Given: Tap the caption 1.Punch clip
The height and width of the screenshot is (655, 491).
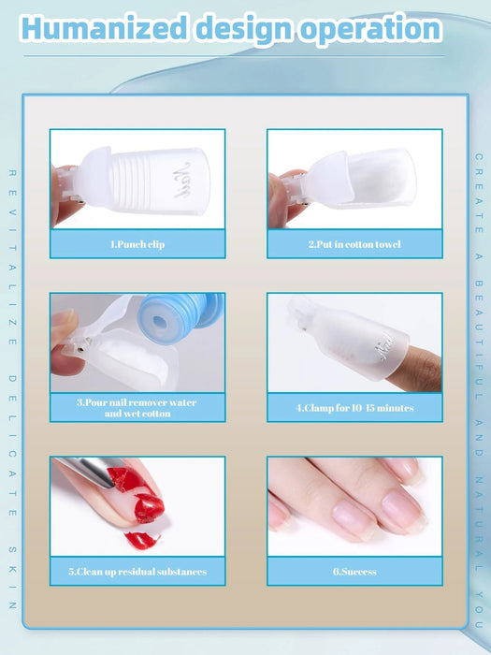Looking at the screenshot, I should [137, 244].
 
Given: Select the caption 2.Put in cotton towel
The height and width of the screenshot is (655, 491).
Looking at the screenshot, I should [354, 244].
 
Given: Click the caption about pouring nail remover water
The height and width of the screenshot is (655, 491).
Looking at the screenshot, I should [137, 407].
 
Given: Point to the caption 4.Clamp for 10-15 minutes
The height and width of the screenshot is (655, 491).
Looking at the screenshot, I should [354, 408].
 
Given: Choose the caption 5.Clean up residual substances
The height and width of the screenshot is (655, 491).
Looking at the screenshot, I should [137, 571].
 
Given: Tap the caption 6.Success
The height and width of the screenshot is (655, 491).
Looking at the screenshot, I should [354, 571].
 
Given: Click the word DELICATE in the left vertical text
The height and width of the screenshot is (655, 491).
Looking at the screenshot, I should [13, 430].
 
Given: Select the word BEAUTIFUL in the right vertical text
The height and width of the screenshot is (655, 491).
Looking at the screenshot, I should [479, 309].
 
